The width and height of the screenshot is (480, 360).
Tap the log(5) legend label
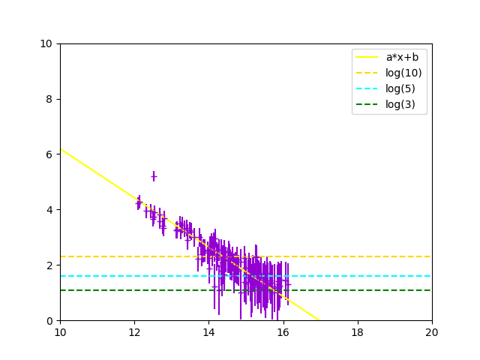click(400, 88)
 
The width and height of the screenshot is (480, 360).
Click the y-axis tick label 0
click(51, 321)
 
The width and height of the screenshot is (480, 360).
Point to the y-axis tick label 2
click(51, 265)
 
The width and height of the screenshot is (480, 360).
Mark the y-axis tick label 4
click(51, 210)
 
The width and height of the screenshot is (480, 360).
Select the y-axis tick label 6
click(51, 154)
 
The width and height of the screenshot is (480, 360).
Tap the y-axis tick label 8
click(51, 99)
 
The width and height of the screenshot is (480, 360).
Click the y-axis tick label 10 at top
click(48, 43)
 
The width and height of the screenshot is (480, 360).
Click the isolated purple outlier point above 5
click(154, 176)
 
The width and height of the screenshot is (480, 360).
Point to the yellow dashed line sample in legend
click(367, 73)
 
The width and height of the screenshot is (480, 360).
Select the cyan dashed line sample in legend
click(367, 88)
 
